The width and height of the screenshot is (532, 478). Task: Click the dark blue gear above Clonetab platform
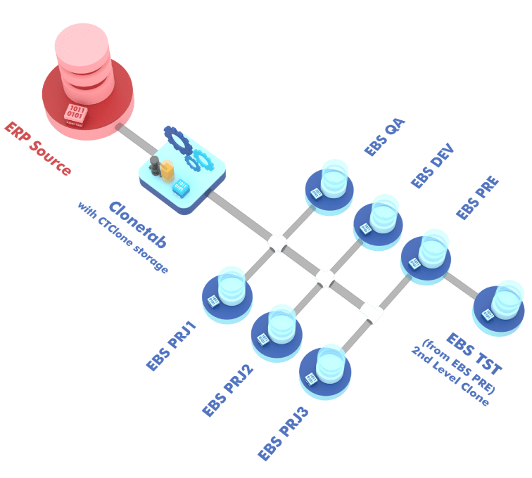tap(178, 140)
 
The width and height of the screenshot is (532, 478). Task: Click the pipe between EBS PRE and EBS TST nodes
tap(462, 284)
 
